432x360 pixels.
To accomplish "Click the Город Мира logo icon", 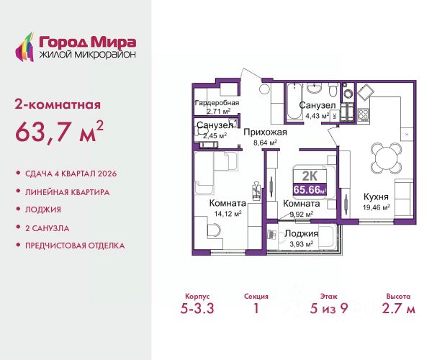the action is pos(24,47).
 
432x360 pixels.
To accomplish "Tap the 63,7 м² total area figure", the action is pos(59,132).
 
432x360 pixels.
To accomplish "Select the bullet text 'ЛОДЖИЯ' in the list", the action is pos(43,210).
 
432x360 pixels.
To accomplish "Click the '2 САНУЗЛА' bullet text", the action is pos(47,228).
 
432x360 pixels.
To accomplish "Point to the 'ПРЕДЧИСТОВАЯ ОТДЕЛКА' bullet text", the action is pos(75,246).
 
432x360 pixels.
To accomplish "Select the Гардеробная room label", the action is pos(217,103).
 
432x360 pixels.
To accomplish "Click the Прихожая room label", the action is pos(265,132).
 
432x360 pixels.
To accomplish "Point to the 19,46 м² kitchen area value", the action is pos(376,207).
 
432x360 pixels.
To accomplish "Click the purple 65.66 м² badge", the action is pos(310,189).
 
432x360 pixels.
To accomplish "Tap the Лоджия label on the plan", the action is pos(302,233).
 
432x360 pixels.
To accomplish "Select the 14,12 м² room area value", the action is pos(228,213).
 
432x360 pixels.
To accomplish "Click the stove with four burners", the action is pos(363,114).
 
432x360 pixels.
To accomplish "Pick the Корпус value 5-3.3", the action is pos(197,308).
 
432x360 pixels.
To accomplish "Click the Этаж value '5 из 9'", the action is pos(329,308).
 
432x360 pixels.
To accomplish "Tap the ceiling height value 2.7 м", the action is pos(398,308).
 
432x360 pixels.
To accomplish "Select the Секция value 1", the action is pos(256,308).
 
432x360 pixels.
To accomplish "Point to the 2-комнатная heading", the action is pos(58,105).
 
